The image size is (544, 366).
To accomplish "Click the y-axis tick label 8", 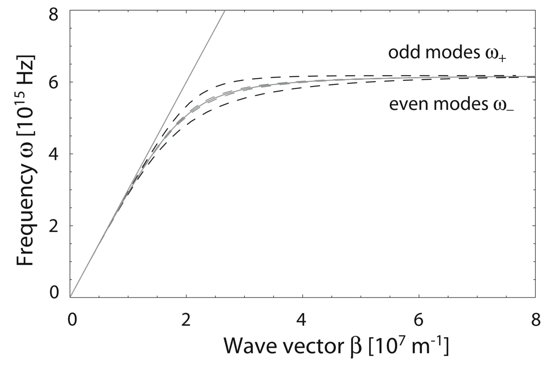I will click(x=53, y=14).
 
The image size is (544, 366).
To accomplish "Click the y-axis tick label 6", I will click(x=53, y=83).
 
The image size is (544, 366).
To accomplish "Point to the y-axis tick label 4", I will click(x=53, y=154).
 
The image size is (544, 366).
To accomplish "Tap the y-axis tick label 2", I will click(x=53, y=226).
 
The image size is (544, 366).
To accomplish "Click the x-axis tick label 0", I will click(x=72, y=320).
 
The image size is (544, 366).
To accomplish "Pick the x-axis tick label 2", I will click(x=186, y=320).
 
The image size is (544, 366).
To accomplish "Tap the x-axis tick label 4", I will click(x=301, y=320).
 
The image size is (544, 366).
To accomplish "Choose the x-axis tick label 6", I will click(x=418, y=320).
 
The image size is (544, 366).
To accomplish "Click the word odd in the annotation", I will click(x=404, y=52).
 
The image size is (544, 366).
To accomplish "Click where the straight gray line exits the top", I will click(x=225, y=11).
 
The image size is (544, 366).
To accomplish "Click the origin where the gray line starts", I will click(x=70, y=297).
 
